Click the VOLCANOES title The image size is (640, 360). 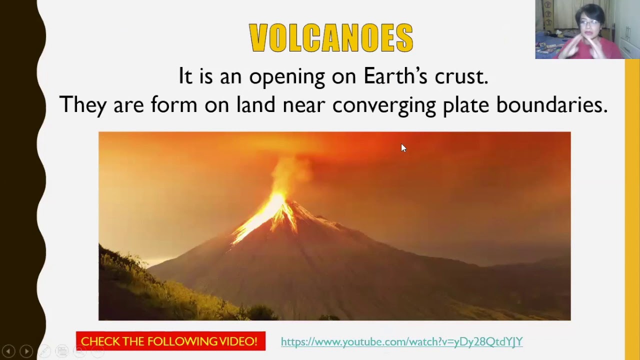tap(331, 38)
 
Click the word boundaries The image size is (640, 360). tap(551, 105)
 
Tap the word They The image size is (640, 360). tap(82, 105)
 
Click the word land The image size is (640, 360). tap(255, 105)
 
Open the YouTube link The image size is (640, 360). tap(401, 341)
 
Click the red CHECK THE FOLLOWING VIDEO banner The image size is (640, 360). tap(170, 341)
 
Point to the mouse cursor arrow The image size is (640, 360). tap(403, 147)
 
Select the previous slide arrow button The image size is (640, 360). tap(8, 351)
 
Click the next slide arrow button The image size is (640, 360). tap(26, 351)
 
